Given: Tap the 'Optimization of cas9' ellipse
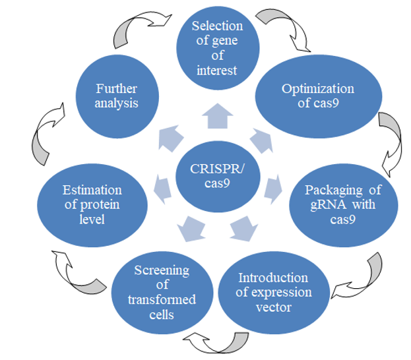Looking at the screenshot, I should pyautogui.click(x=318, y=96).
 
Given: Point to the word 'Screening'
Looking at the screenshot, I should pyautogui.click(x=162, y=270).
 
